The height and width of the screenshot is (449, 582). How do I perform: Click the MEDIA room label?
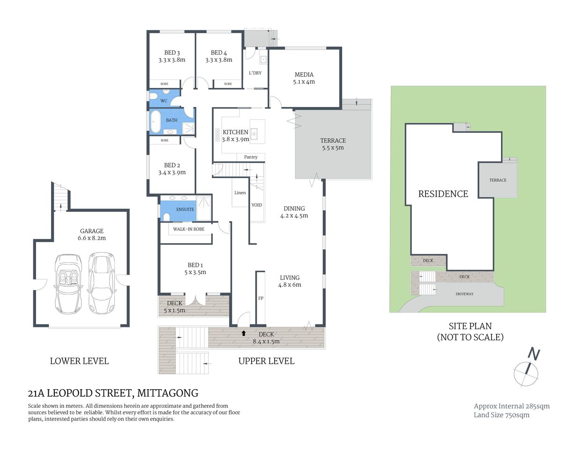tap(304, 75)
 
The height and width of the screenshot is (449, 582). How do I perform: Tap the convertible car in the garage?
tap(68, 283)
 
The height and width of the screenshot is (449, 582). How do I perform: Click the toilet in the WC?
tap(154, 97)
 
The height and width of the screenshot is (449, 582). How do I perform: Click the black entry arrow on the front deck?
tap(243, 333)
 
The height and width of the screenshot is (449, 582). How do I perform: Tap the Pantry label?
tap(251, 157)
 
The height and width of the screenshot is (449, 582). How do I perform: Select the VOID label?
tap(257, 205)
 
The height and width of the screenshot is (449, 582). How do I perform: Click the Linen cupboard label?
tap(240, 193)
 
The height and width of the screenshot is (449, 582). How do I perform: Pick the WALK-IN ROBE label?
tap(188, 229)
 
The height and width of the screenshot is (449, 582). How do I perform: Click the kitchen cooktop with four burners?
tap(217, 136)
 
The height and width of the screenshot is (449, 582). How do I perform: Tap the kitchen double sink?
tap(254, 135)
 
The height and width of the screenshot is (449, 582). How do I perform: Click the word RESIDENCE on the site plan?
tap(443, 194)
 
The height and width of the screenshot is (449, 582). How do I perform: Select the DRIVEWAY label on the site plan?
tap(464, 294)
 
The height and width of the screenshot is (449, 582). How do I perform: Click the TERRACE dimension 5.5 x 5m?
tap(333, 148)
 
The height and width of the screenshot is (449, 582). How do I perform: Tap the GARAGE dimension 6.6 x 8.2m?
tap(92, 238)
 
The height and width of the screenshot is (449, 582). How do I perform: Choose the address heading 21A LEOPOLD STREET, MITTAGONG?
tap(113, 393)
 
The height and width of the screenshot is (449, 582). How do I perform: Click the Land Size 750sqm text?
tap(501, 415)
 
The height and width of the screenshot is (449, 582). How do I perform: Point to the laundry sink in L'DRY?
tap(263, 59)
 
